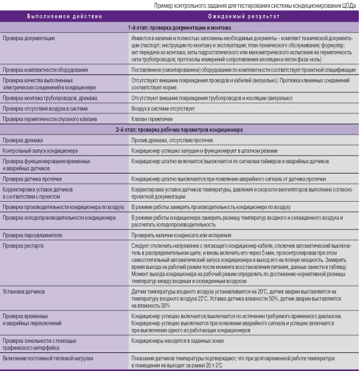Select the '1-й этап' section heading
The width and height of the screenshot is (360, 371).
[x=180, y=28]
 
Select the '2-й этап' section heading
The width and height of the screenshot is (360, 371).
[x=180, y=130]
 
